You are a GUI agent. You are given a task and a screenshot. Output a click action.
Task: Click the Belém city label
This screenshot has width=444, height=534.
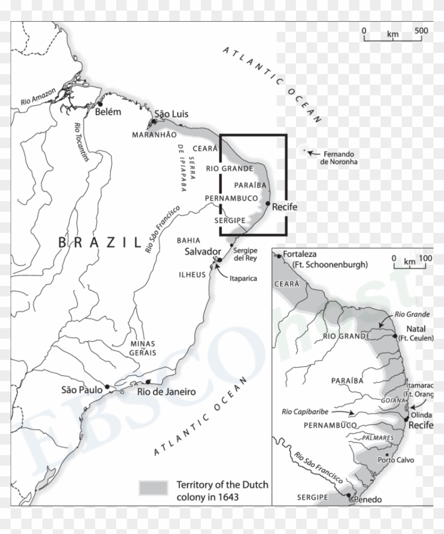click(x=108, y=112)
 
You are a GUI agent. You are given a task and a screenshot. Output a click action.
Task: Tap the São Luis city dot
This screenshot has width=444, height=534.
click(x=153, y=122)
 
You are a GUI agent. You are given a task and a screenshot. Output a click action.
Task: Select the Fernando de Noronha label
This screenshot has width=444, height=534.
click(x=339, y=157)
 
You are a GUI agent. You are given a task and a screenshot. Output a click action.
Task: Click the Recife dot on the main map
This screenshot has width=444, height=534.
click(x=268, y=204)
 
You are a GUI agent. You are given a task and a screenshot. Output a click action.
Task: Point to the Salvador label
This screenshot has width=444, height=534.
click(x=202, y=251)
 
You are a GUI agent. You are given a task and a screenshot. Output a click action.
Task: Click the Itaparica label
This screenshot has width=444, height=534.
click(x=243, y=278)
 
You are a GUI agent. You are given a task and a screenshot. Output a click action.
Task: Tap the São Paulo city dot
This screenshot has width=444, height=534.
click(x=107, y=386)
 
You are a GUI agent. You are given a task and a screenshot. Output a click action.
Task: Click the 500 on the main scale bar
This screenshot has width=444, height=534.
click(x=421, y=30)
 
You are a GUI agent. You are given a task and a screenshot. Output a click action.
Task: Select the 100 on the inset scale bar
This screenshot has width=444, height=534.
click(x=425, y=259)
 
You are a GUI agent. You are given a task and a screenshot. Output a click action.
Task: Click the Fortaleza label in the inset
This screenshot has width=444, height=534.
click(x=303, y=254)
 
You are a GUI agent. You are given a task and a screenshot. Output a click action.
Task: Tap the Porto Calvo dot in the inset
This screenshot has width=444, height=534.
click(x=388, y=455)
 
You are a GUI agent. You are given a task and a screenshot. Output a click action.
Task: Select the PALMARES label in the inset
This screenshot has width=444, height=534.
click(x=378, y=438)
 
